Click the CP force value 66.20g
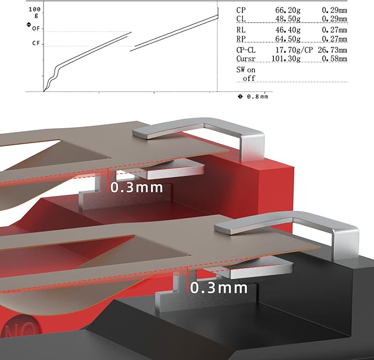288,10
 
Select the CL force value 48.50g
288,19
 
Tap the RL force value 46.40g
288,30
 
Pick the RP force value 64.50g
288,39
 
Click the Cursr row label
246,59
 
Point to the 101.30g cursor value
286,59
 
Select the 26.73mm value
332,50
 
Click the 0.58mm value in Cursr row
334,59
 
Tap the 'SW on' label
246,70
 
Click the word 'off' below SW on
249,78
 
